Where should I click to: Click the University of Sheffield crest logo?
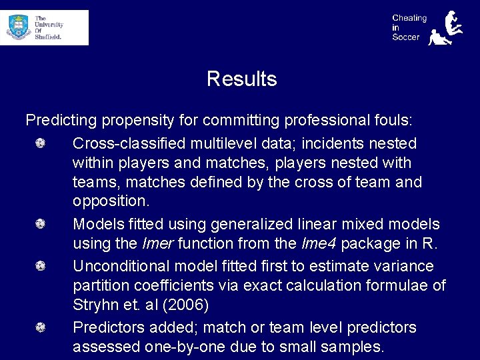tap(18, 27)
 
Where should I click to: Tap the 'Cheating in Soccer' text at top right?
tap(409, 27)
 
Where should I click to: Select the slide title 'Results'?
tap(241, 79)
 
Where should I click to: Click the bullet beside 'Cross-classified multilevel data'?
tap(40, 143)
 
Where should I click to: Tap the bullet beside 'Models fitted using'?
tap(40, 224)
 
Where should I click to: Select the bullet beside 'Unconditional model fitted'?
tap(40, 266)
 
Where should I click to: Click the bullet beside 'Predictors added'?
tap(40, 327)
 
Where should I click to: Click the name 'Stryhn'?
tap(95, 305)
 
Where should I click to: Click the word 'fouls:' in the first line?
tap(393, 121)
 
